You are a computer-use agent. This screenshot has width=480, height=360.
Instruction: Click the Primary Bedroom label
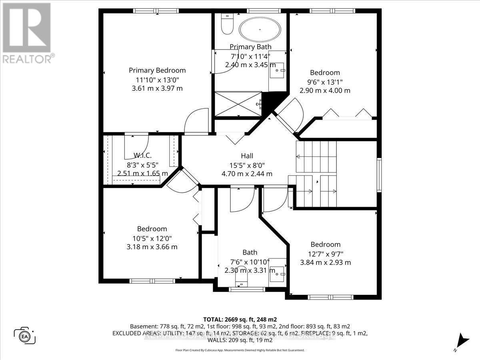click(157, 70)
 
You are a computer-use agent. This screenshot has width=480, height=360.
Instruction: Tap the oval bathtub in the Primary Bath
click(260, 29)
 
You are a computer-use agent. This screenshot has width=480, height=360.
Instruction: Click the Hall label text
click(247, 156)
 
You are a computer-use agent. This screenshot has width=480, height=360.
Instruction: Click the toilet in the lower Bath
click(241, 283)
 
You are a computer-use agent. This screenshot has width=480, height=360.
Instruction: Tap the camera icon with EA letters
click(26, 335)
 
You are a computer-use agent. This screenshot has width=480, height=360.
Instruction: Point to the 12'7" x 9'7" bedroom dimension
click(326, 254)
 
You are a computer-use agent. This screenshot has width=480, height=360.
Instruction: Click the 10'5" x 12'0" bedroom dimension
click(152, 238)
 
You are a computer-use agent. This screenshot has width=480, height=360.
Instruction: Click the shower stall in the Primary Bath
click(238, 104)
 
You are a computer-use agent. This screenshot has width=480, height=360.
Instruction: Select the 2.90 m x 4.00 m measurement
click(325, 90)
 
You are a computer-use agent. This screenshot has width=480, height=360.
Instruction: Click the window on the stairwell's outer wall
click(379, 173)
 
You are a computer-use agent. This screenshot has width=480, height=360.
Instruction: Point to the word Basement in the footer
click(143, 326)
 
